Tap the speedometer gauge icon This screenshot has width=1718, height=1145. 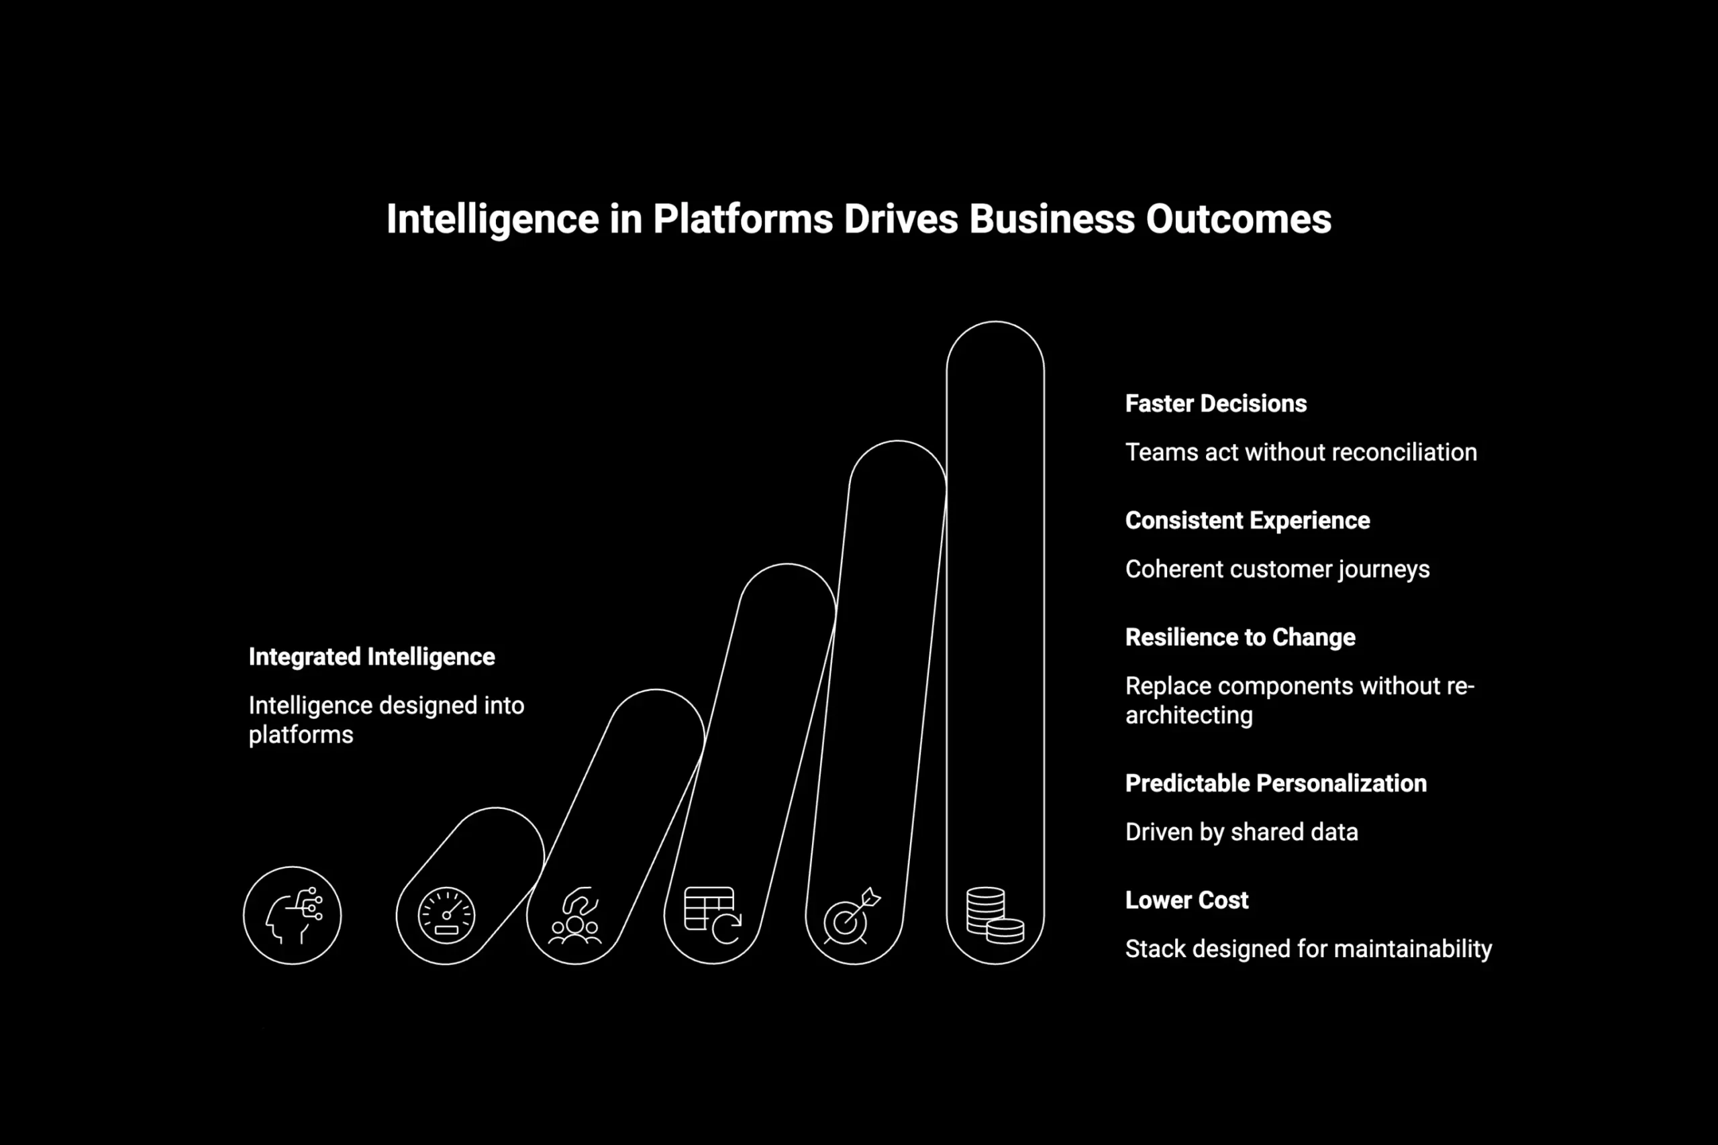point(446,915)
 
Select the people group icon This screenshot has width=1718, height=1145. point(576,916)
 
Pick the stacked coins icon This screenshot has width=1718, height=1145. point(994,915)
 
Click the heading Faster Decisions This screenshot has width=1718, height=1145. point(1215,404)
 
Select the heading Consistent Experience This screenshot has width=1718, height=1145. point(1247,521)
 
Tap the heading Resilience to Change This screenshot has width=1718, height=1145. point(1240,637)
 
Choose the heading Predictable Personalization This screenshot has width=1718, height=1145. point(1275,783)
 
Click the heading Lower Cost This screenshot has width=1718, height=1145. point(1186,900)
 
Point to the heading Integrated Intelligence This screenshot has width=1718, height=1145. point(371,657)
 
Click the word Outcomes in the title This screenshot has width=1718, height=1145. point(1238,219)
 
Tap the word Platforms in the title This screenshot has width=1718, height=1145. point(742,219)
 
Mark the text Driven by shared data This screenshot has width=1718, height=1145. point(1241,832)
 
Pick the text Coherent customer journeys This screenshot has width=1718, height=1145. point(1277,569)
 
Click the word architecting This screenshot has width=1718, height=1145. point(1189,716)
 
